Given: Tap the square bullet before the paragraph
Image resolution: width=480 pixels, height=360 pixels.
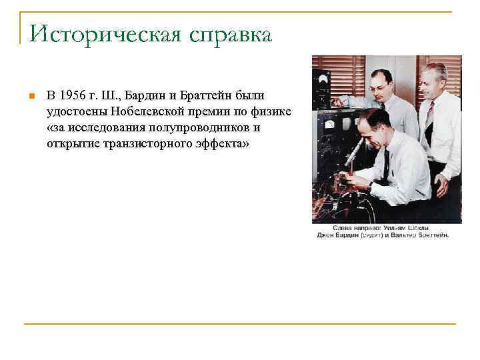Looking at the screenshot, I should pyautogui.click(x=31, y=97).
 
